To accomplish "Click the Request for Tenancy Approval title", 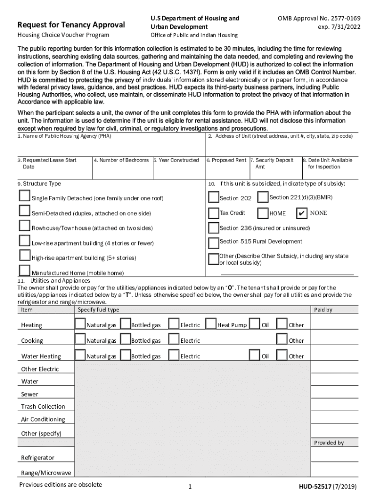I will [71, 25].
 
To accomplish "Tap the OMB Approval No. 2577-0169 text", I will [319, 18].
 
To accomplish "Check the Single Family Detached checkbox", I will [24, 196].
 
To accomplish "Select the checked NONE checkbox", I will [302, 213].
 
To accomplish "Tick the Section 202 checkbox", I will [213, 197].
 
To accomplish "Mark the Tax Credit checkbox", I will [213, 213].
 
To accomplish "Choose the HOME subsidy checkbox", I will [262, 213].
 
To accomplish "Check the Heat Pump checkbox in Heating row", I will [211, 324].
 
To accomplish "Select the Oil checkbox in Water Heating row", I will [254, 355].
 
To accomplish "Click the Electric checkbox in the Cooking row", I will [173, 339].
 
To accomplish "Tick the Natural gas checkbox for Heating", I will [80, 324].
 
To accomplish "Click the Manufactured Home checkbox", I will [24, 271].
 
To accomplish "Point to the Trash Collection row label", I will [43, 406].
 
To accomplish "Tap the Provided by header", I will [329, 442].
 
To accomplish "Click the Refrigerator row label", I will [38, 458].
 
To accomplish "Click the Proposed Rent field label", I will [229, 160].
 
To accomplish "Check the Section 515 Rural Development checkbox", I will [213, 243].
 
